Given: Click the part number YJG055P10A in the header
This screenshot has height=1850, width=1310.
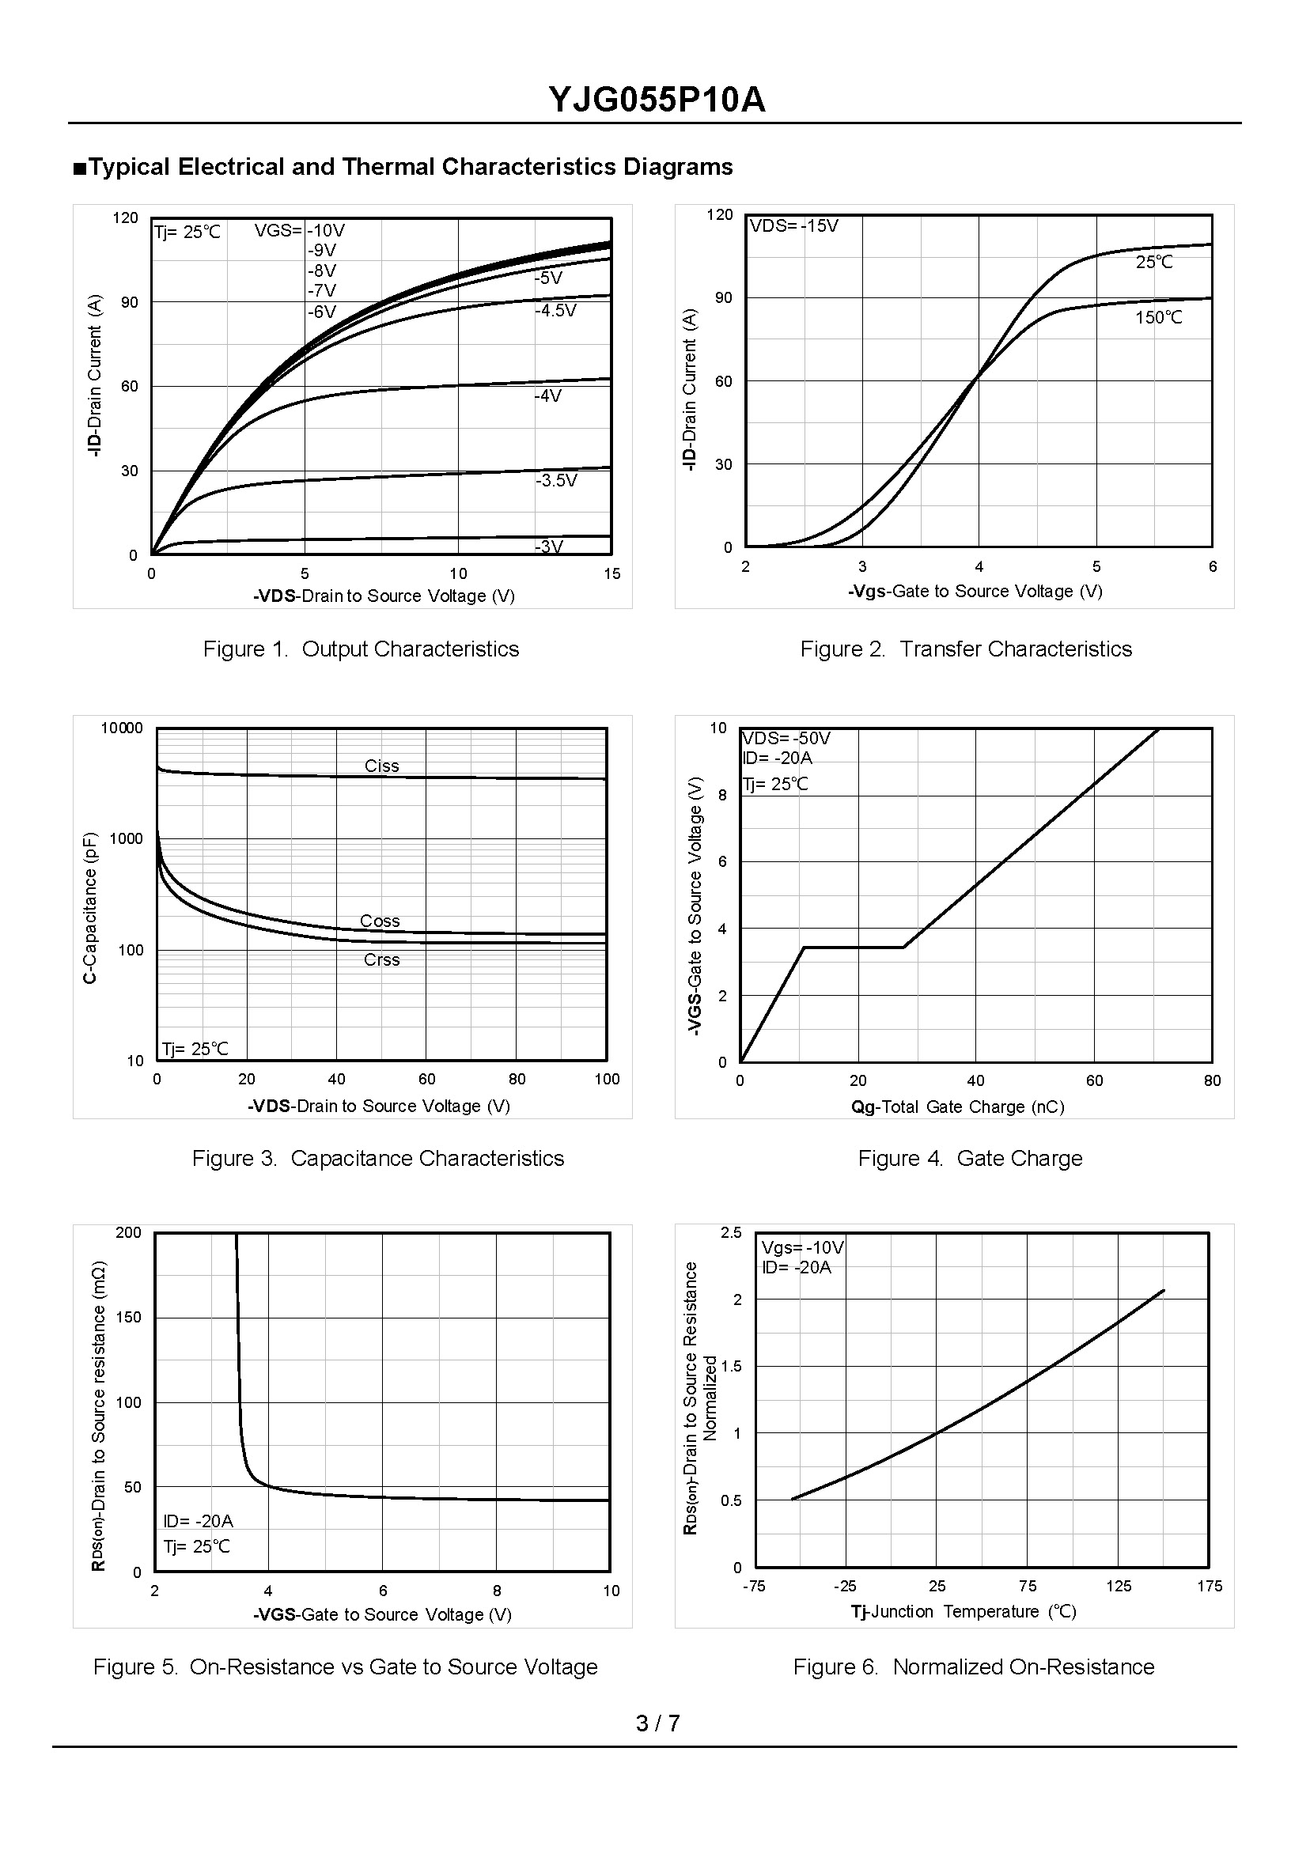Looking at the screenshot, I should click(x=656, y=100).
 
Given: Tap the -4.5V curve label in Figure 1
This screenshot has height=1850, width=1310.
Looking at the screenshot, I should click(x=556, y=312).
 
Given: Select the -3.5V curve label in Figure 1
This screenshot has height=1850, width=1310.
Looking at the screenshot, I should click(x=556, y=481).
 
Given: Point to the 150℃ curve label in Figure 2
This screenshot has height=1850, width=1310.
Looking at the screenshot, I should click(x=1158, y=318).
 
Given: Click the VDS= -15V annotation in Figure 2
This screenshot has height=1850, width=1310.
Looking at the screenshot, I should click(x=794, y=225).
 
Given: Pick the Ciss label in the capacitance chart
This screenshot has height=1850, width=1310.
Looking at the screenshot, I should click(x=381, y=766).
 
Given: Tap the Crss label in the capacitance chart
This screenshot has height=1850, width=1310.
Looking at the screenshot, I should click(x=381, y=959).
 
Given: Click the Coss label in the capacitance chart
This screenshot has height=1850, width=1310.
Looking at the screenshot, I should click(x=380, y=921).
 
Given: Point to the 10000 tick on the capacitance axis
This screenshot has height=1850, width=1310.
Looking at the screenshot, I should click(x=122, y=728).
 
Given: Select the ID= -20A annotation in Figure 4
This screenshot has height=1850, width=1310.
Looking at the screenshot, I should click(x=778, y=758).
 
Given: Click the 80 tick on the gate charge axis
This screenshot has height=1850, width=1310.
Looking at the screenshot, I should click(x=1212, y=1080).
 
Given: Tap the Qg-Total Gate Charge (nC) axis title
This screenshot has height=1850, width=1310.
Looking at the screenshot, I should click(x=957, y=1107).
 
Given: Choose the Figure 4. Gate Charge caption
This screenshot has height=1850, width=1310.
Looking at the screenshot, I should click(x=970, y=1159).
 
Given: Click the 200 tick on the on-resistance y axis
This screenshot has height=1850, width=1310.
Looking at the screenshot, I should click(x=128, y=1232).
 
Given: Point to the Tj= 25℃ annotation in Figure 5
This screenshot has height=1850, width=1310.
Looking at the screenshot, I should click(x=197, y=1546).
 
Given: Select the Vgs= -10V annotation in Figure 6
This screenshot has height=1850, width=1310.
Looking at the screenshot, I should click(x=803, y=1247).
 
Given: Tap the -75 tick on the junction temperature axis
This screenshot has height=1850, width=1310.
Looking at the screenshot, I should click(x=753, y=1587).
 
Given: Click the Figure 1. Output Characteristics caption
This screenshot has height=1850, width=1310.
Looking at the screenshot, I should click(x=361, y=649).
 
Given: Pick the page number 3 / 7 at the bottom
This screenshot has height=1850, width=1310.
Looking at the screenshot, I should click(x=657, y=1723).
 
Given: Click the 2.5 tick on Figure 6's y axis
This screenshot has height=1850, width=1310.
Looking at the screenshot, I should click(x=732, y=1233).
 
